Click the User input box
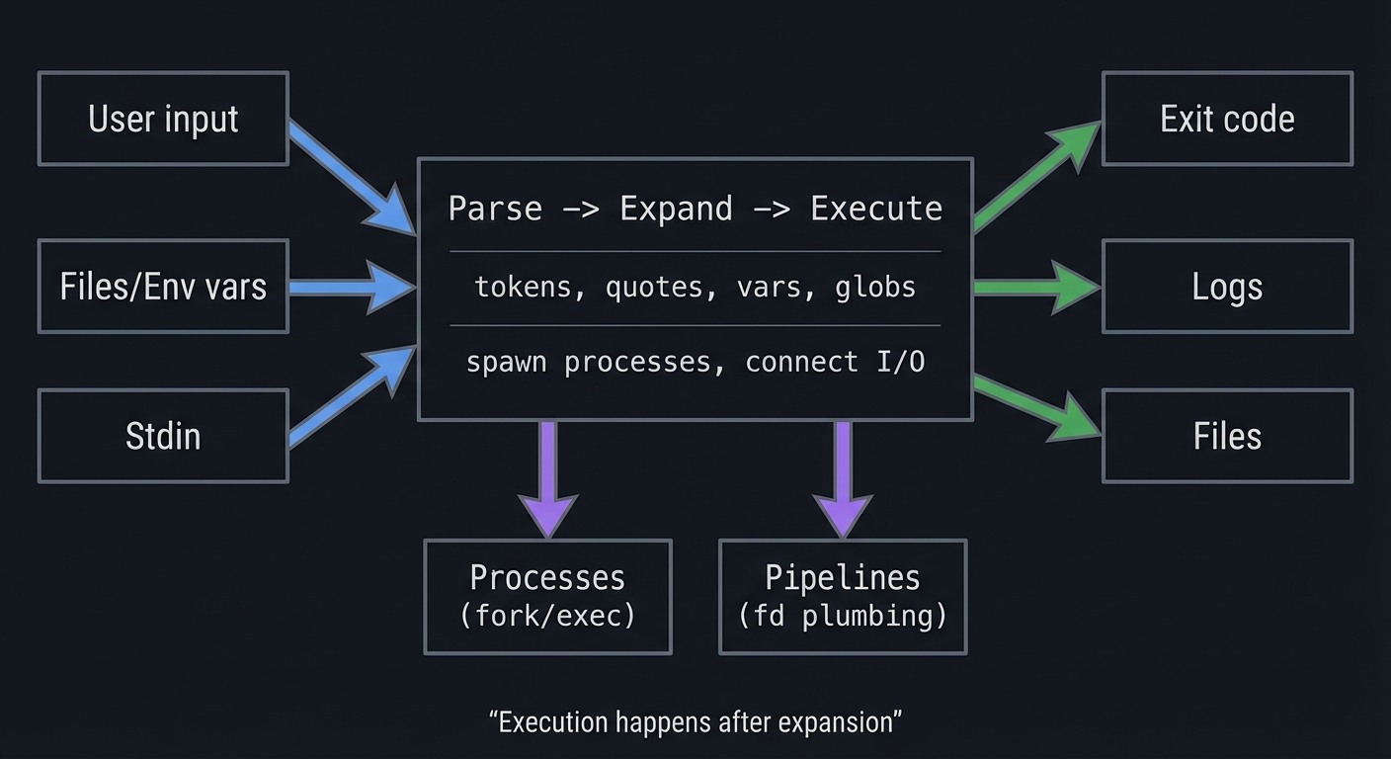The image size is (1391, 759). [163, 119]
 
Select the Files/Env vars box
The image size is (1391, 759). [163, 287]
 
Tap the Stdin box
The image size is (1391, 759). [163, 436]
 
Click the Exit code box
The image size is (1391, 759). [1227, 119]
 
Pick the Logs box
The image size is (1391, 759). [1227, 287]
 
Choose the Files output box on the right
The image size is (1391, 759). [1227, 436]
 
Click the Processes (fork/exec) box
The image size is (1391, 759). [547, 596]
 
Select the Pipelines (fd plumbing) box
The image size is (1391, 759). [843, 596]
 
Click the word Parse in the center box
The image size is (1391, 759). [495, 209]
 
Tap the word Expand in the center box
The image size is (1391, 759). [676, 209]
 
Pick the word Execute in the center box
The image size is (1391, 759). [876, 209]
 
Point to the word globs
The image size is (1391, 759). [875, 287]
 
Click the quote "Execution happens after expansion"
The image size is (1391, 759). [695, 721]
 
